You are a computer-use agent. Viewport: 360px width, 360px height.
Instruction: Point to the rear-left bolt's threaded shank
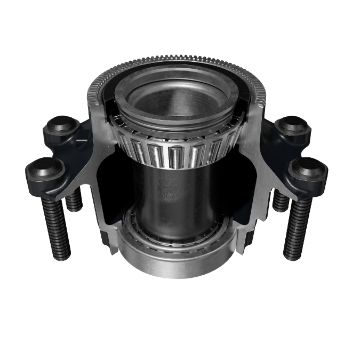(74, 199)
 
